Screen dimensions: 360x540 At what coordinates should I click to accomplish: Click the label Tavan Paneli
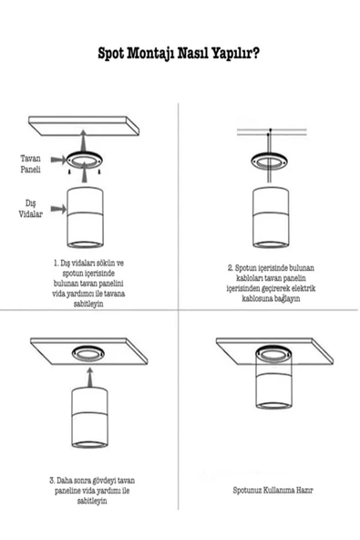pyautogui.click(x=30, y=164)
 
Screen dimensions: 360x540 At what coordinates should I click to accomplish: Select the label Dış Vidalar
pyautogui.click(x=31, y=209)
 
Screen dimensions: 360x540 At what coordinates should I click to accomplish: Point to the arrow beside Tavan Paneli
pyautogui.click(x=58, y=159)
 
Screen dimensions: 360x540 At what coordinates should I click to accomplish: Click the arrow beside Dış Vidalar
pyautogui.click(x=58, y=208)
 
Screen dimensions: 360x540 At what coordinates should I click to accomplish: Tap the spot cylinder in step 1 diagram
pyautogui.click(x=85, y=217)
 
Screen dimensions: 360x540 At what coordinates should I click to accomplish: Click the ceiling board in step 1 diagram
pyautogui.click(x=84, y=126)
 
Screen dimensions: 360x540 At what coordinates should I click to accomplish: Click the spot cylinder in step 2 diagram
pyautogui.click(x=271, y=217)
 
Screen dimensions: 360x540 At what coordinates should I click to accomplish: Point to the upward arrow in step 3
pyautogui.click(x=90, y=378)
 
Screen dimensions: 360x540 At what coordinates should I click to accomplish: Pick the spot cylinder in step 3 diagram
pyautogui.click(x=89, y=418)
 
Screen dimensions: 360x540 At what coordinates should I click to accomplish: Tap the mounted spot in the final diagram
pyautogui.click(x=274, y=378)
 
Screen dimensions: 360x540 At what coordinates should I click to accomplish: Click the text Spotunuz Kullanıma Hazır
pyautogui.click(x=273, y=490)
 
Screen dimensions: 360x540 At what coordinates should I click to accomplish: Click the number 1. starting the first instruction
pyautogui.click(x=57, y=264)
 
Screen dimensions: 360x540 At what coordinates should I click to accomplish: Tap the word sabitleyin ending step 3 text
pyautogui.click(x=92, y=501)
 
